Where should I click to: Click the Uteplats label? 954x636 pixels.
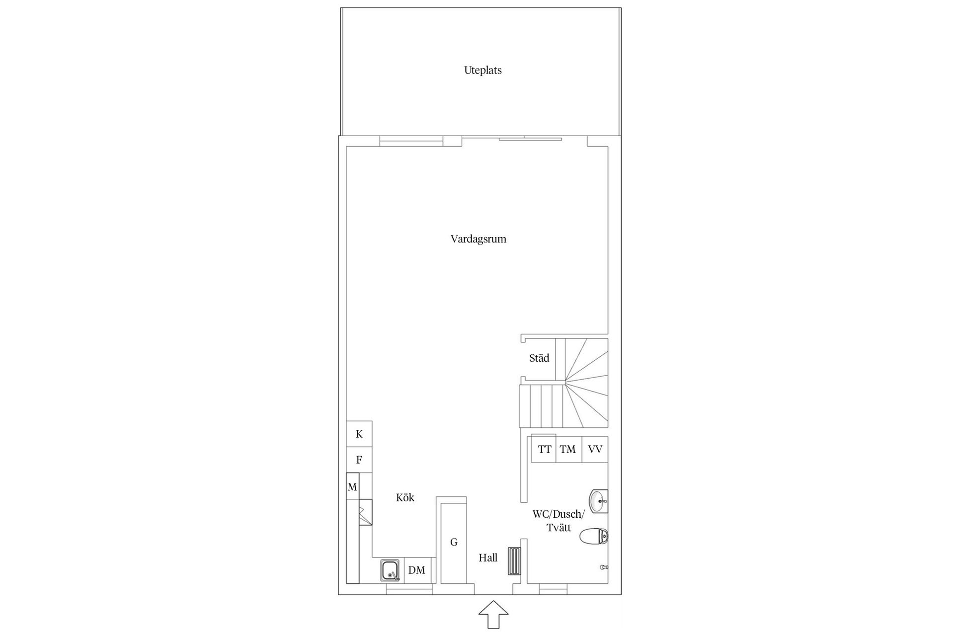point(482,70)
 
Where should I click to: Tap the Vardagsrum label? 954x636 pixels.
point(478,239)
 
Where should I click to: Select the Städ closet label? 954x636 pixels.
point(539,358)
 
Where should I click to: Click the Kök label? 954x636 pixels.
point(405,497)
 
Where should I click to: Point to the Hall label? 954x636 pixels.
point(488,558)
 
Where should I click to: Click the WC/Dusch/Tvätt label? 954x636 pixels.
point(558,521)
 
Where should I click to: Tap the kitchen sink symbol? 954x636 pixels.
point(391,570)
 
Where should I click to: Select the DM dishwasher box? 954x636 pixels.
point(417,570)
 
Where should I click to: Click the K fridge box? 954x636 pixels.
point(359,434)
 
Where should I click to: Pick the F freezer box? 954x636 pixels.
point(359,460)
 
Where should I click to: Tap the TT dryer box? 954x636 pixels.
point(544,450)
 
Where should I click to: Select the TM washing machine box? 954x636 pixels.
point(568,450)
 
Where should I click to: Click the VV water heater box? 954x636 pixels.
point(595,450)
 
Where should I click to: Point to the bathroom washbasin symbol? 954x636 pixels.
point(599,501)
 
